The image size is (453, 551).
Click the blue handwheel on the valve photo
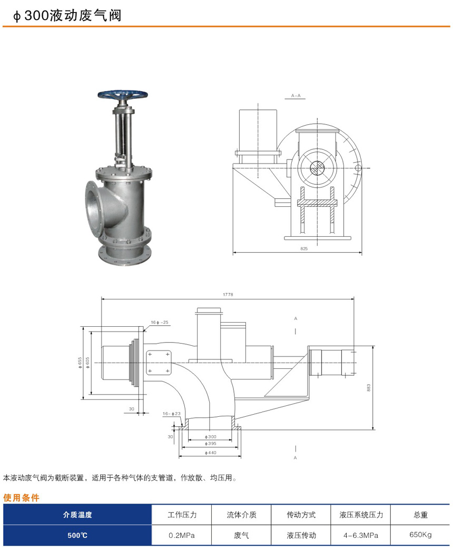pos(123,95)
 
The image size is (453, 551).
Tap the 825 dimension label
pos(304,248)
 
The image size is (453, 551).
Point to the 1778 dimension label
pos(228,295)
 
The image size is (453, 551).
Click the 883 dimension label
pos(369,388)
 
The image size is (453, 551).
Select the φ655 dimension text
pos(80,363)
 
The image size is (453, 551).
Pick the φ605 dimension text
pos(87,363)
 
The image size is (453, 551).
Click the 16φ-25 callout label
pos(160,322)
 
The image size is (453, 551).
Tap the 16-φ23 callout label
pos(172,414)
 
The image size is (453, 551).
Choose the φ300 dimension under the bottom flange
pos(211,437)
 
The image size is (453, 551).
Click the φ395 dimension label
pos(211,444)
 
